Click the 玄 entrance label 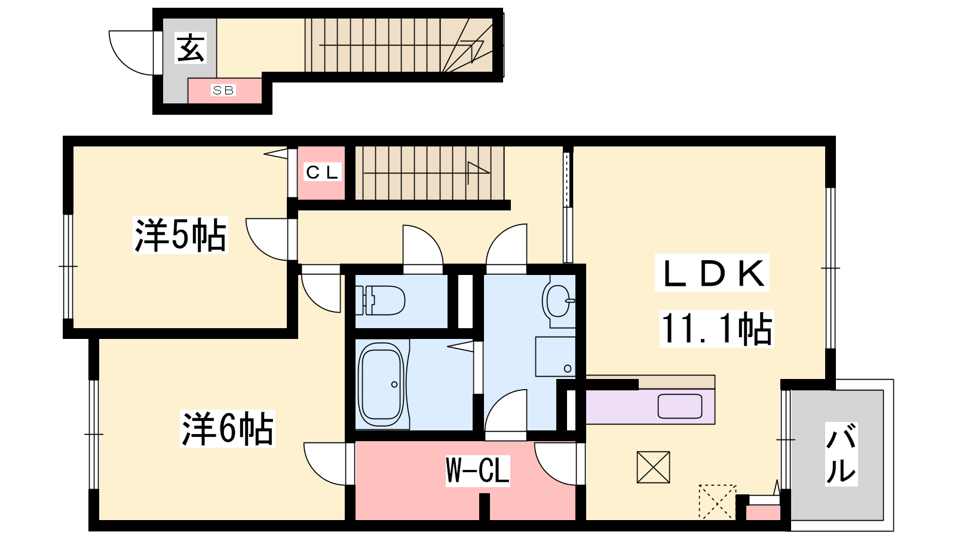pyautogui.click(x=191, y=48)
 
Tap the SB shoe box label pyautogui.click(x=223, y=90)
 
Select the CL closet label pyautogui.click(x=322, y=172)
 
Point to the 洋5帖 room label pyautogui.click(x=180, y=236)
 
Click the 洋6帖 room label pyautogui.click(x=228, y=429)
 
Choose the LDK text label pyautogui.click(x=712, y=273)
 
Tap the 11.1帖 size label pyautogui.click(x=716, y=329)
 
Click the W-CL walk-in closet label pyautogui.click(x=477, y=471)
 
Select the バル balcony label pyautogui.click(x=841, y=454)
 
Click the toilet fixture pyautogui.click(x=380, y=300)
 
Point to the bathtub pyautogui.click(x=381, y=384)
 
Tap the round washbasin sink pyautogui.click(x=558, y=301)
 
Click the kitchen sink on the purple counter pyautogui.click(x=680, y=406)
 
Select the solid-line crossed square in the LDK pyautogui.click(x=653, y=467)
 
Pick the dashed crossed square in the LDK pyautogui.click(x=717, y=502)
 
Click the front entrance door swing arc pyautogui.click(x=131, y=53)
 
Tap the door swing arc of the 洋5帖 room pyautogui.click(x=266, y=240)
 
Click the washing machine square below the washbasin pyautogui.click(x=555, y=357)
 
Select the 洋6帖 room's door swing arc pyautogui.click(x=325, y=464)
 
